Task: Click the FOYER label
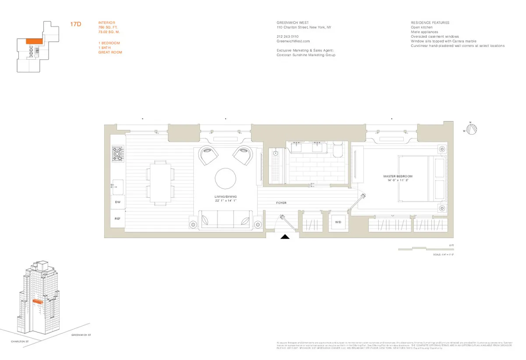tap(281, 203)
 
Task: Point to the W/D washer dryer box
tap(338, 222)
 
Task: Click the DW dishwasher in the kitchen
tap(117, 202)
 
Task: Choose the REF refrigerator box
tap(117, 218)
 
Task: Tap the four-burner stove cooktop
tap(118, 155)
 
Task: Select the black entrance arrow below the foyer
tap(285, 238)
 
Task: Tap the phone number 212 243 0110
tap(288, 36)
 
